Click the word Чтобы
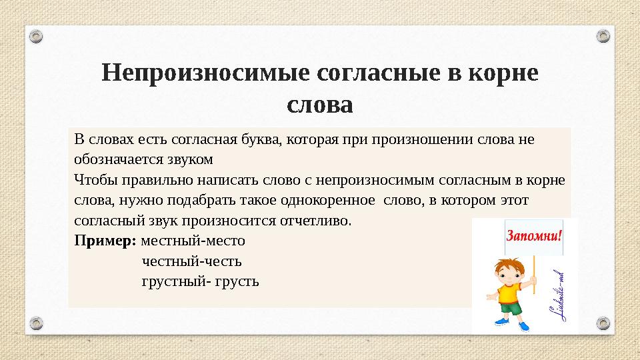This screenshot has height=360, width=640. (x=93, y=180)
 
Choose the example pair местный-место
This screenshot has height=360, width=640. (x=193, y=240)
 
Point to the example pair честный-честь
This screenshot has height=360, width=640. (x=192, y=261)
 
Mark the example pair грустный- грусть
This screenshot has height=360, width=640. (x=200, y=281)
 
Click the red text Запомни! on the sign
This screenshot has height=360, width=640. (x=535, y=236)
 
